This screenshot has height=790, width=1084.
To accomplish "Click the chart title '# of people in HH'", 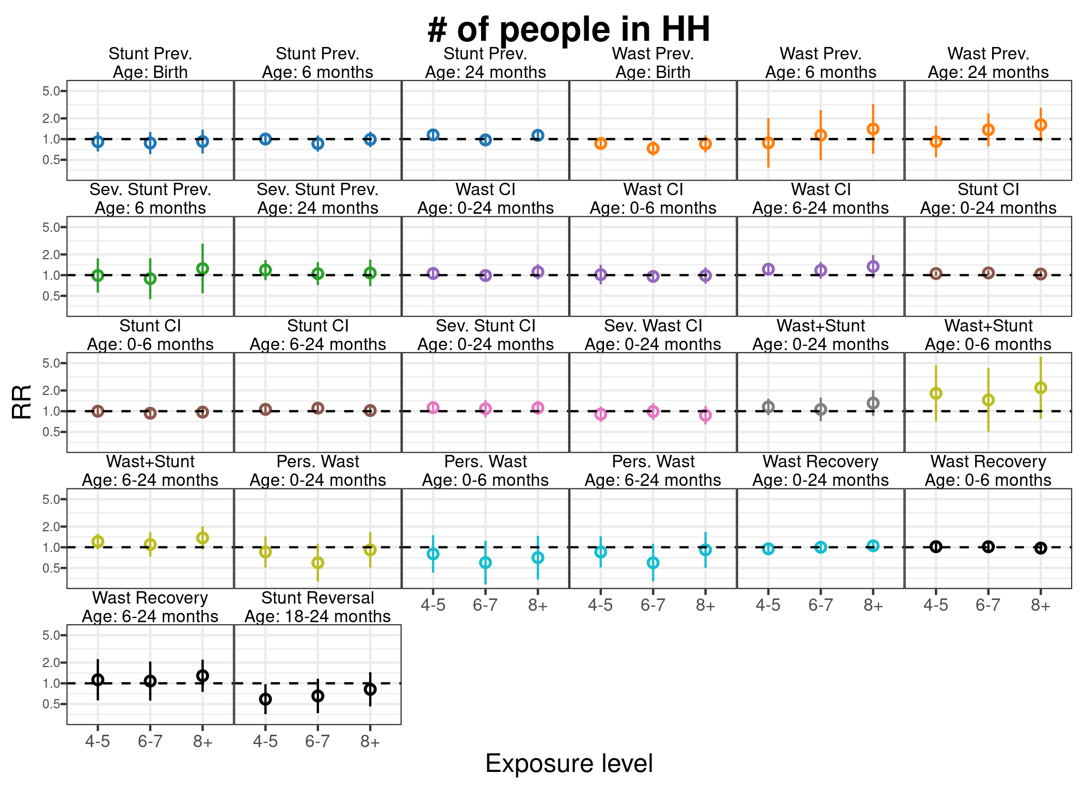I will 569,29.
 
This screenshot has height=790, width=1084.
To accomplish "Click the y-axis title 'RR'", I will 22,402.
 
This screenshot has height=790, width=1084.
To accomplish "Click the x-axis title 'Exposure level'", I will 569,764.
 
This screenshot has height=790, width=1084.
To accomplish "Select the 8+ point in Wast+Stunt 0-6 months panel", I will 1041,388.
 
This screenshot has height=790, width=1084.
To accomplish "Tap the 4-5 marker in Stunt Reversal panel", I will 265,699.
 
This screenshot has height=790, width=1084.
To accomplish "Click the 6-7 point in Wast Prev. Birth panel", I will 653,148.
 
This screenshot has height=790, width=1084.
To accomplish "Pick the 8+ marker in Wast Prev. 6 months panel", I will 873,129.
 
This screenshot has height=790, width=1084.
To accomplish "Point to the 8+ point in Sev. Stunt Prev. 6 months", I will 202,268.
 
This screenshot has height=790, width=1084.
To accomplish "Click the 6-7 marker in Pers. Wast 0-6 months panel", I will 485,563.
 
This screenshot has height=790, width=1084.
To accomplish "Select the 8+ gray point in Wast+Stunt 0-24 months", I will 873,403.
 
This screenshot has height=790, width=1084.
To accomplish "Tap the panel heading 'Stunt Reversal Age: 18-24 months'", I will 317,607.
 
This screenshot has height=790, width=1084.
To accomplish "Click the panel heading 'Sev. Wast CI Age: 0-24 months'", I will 653,335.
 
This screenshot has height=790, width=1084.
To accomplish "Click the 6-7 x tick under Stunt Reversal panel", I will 317,742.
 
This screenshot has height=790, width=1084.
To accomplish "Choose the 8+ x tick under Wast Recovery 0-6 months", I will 1041,606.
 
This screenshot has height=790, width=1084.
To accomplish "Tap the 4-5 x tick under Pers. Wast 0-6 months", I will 433,606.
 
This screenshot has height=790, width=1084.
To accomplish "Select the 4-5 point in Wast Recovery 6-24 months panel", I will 98,680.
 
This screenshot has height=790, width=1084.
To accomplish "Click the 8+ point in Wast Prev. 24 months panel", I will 1041,125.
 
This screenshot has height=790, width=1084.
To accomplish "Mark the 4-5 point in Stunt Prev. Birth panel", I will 98,141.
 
